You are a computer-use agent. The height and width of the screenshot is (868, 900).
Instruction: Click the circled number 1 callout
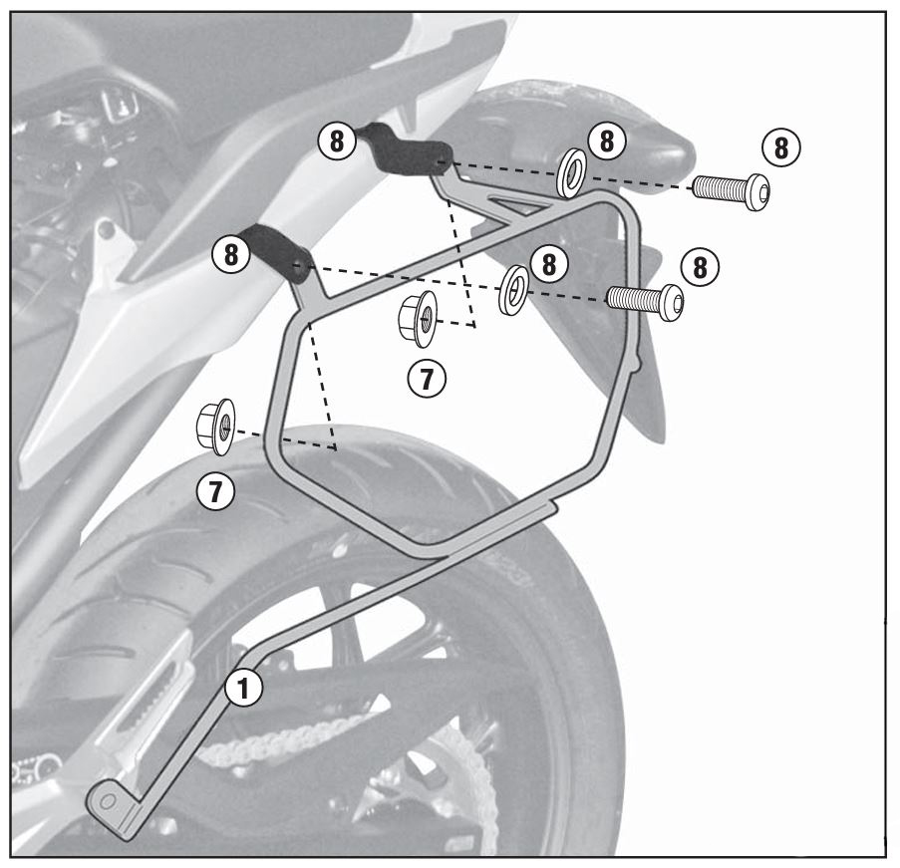[243, 687]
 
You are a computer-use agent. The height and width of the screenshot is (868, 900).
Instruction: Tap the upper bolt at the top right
[731, 190]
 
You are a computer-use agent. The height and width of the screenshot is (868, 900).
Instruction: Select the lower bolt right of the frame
[645, 300]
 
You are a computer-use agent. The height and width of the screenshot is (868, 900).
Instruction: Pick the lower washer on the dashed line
[514, 289]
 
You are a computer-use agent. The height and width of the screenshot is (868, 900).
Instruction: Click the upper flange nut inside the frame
[417, 318]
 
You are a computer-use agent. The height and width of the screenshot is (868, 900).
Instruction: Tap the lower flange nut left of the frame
[215, 427]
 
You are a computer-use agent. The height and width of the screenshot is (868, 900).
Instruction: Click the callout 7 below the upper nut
[427, 379]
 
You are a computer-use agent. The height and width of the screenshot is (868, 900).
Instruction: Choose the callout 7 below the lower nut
[215, 491]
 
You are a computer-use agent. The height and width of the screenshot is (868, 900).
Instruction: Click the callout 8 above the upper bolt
[780, 147]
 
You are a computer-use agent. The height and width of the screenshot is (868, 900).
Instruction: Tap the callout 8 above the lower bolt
[700, 267]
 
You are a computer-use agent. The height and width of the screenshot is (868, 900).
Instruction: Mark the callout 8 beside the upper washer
[607, 141]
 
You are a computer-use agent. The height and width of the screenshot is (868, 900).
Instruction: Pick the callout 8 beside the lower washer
[549, 265]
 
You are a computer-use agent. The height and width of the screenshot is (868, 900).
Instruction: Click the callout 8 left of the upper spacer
[336, 142]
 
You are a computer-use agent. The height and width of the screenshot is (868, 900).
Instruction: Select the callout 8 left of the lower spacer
[231, 253]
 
